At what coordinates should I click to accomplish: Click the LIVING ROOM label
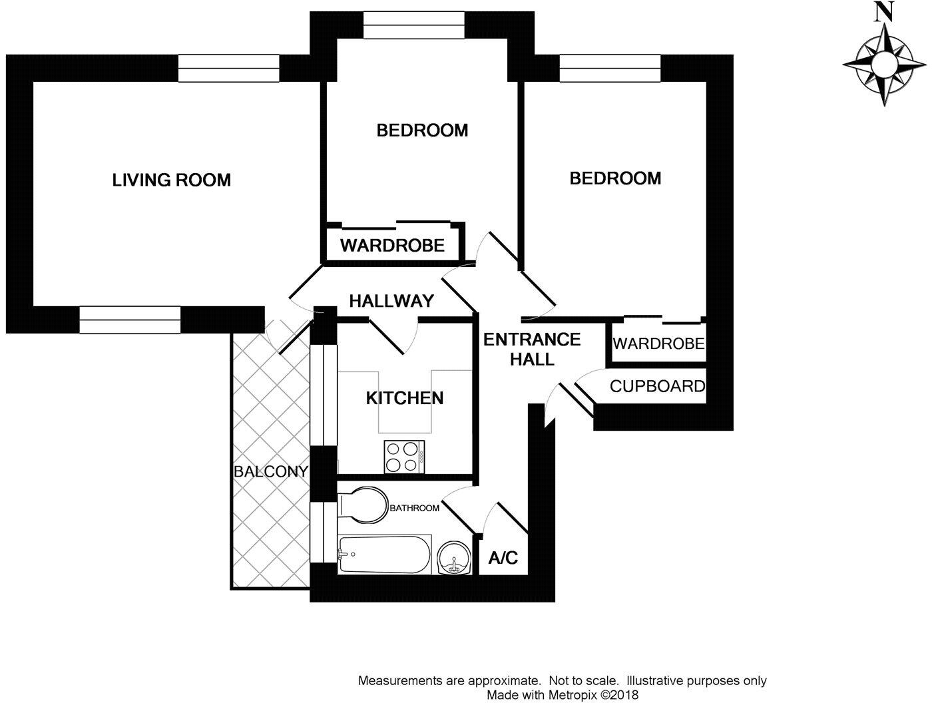point(171,180)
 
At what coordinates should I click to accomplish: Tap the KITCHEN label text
point(405,398)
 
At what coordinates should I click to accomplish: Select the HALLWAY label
point(391,301)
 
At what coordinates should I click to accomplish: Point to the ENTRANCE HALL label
point(532,349)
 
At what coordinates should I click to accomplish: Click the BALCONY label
point(270,472)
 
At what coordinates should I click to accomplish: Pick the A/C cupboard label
point(503,557)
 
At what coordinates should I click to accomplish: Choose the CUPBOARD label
point(657,386)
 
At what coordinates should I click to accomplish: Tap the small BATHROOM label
point(414,508)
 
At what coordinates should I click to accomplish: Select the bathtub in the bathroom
point(384,554)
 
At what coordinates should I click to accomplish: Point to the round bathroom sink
point(455,557)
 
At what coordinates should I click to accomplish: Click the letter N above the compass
point(883,12)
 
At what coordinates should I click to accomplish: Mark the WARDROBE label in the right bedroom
point(658,344)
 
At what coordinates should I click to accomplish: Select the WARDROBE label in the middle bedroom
point(392,246)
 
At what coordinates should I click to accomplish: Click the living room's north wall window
point(228,69)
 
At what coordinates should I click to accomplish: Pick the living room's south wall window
point(130,320)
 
